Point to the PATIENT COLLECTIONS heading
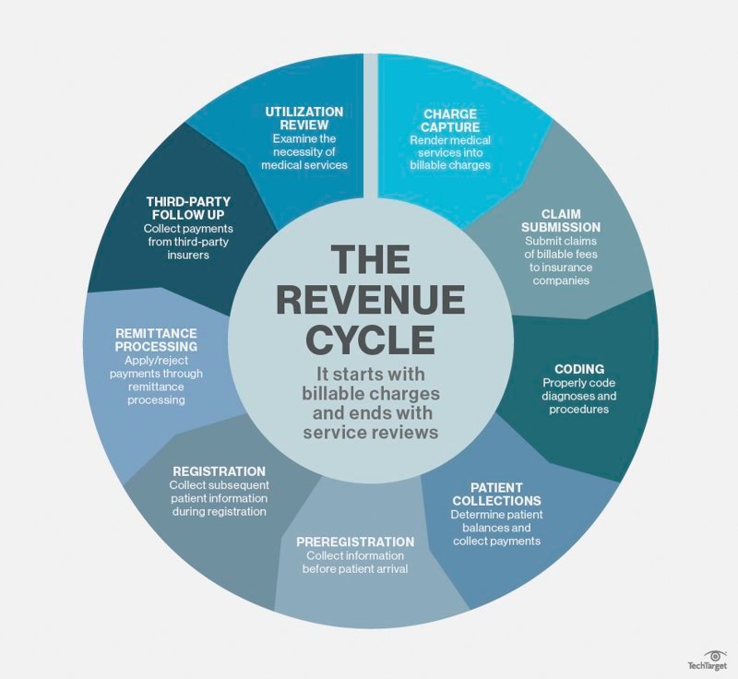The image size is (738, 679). [496, 494]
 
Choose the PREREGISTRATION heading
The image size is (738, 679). [355, 542]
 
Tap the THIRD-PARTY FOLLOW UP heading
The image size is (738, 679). [189, 207]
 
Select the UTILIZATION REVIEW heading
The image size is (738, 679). [304, 117]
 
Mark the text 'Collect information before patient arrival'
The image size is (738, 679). [355, 562]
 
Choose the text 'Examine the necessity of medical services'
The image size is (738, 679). [304, 151]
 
